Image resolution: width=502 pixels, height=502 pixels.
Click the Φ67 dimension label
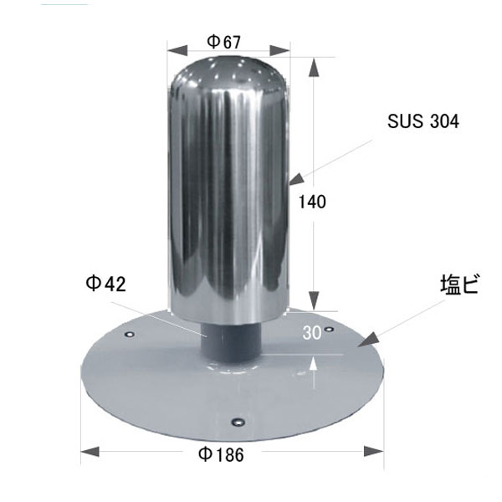pyautogui.click(x=223, y=42)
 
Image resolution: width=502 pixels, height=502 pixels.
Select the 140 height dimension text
pyautogui.click(x=312, y=202)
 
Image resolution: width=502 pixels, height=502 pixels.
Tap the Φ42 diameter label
pyautogui.click(x=105, y=284)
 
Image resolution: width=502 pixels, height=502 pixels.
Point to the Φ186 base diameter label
pyautogui.click(x=221, y=454)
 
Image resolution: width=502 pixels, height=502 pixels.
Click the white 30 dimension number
pyautogui.click(x=312, y=333)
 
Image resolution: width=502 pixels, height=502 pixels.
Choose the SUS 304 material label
pyautogui.click(x=423, y=121)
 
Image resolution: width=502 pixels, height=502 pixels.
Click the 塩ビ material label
pyautogui.click(x=459, y=284)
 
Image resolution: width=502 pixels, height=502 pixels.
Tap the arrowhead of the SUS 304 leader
pyautogui.click(x=296, y=179)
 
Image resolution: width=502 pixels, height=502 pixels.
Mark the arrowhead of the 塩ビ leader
pyautogui.click(x=367, y=340)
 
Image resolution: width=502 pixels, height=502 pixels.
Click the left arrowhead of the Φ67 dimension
pyautogui.click(x=177, y=50)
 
